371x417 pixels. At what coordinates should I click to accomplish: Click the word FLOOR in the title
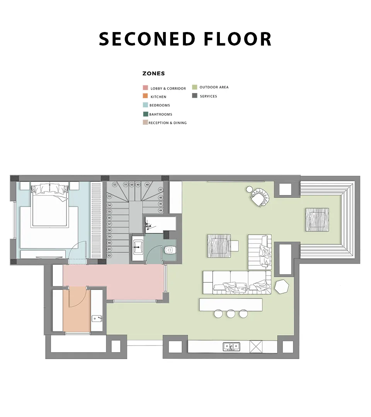pos(238,39)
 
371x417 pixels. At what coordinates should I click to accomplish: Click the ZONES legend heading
pos(153,73)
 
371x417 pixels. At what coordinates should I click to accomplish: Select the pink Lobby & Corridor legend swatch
pos(145,88)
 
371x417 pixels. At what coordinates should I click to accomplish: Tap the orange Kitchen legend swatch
pos(145,96)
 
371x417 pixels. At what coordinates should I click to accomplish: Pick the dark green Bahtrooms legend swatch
pos(146,114)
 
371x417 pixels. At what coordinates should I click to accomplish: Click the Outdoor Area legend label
pos(214,87)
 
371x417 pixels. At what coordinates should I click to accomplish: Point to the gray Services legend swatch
pos(194,96)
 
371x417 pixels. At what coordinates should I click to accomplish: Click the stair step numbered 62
pos(109,256)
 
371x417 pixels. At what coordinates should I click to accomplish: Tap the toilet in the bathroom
pos(169,250)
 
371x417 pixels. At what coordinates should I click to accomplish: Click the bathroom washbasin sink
pos(138,247)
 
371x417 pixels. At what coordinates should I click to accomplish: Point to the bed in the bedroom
pos(50,205)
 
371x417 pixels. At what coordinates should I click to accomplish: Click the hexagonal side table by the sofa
pos(282,286)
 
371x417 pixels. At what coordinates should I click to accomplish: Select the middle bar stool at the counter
pos(231,314)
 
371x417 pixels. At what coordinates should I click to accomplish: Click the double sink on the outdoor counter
pos(231,346)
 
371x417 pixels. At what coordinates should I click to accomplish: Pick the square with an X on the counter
pos(256,347)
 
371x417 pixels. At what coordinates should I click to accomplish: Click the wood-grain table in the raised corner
pos(317,220)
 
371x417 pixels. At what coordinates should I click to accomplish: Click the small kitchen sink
pos(96,318)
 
